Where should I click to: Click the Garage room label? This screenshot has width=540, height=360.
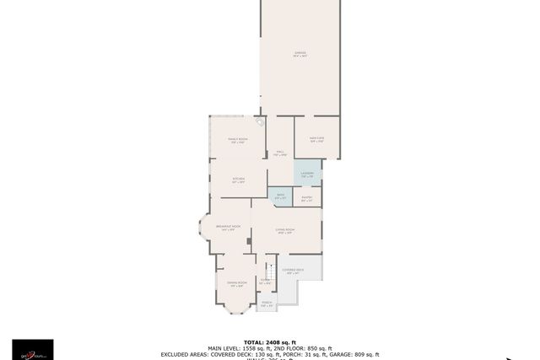[x=300, y=55]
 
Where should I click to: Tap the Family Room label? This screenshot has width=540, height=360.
[x=238, y=140]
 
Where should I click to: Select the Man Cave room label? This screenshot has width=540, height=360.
[x=317, y=140]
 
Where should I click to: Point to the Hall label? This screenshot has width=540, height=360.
[x=280, y=153]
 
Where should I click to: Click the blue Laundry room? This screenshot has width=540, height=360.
[x=307, y=175]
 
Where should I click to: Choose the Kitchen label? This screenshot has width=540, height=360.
[x=238, y=180]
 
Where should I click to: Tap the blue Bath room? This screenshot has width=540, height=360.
[x=280, y=197]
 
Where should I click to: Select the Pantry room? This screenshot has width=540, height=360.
[x=306, y=199]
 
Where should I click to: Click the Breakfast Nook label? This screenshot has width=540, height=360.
[x=228, y=228]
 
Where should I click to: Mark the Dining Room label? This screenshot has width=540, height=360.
[x=237, y=284]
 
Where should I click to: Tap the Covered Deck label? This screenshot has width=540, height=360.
[x=294, y=271]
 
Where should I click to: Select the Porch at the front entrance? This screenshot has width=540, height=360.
[x=266, y=304]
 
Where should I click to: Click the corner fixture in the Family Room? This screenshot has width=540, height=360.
[x=261, y=122]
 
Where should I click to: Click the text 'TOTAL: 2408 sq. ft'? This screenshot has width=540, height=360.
[x=270, y=342]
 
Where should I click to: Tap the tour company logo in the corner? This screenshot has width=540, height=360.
[x=32, y=349]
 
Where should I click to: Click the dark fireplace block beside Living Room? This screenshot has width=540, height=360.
[x=248, y=241]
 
